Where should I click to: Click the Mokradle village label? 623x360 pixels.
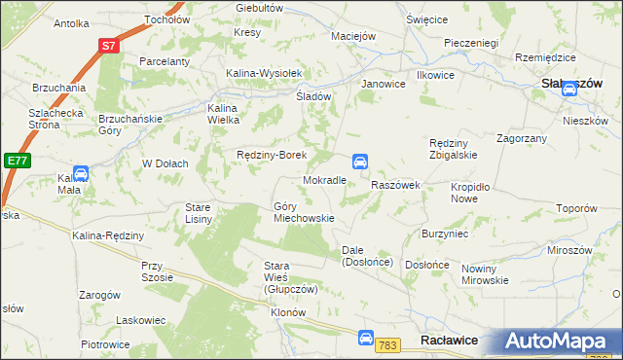coord(325,181)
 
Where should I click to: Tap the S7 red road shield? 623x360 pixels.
coord(110,45)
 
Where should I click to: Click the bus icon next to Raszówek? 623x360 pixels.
coord(359,161)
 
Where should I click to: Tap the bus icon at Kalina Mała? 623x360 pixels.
coord(82,173)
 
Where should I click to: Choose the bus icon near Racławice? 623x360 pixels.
coord(364,339)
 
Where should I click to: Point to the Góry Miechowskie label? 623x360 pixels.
coord(304,212)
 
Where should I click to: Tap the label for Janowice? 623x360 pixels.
coord(383,84)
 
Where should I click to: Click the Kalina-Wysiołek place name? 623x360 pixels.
coord(266,73)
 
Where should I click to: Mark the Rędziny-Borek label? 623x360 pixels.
coord(273,155)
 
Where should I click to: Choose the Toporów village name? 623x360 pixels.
coord(575,208)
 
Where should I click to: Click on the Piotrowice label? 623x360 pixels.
coord(105,344)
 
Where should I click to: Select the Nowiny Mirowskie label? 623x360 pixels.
coord(485,274)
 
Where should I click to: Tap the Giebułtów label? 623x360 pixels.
coord(259,8)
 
